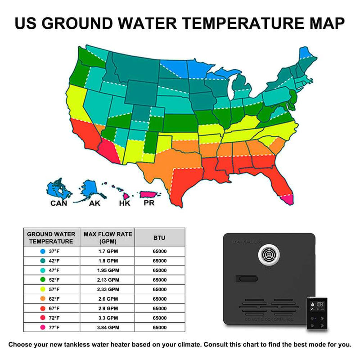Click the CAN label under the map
(59, 203)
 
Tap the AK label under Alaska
(95, 203)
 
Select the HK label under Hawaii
(125, 203)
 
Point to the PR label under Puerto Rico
(149, 203)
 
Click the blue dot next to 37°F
(42, 251)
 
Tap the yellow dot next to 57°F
(42, 289)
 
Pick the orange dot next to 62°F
(42, 299)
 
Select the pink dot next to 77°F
(42, 328)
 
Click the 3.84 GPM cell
(108, 328)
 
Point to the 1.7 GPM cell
(108, 251)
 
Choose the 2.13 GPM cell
(108, 280)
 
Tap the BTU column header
(160, 238)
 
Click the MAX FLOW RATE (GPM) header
(108, 238)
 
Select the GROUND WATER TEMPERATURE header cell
(51, 238)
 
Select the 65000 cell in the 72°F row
(160, 318)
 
